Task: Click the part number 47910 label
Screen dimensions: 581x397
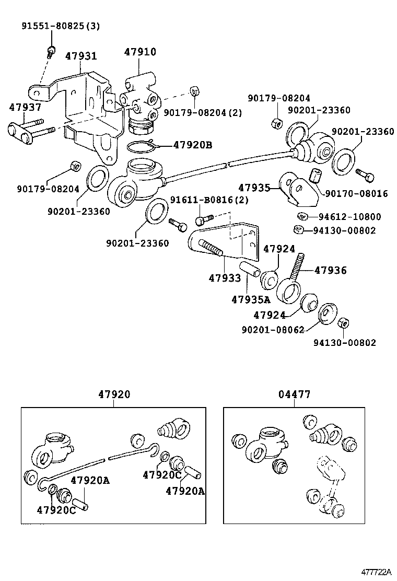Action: (x=140, y=52)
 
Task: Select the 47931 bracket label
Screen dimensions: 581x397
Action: (x=81, y=56)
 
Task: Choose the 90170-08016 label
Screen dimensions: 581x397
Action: (x=356, y=193)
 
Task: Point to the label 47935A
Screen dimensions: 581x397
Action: (x=251, y=299)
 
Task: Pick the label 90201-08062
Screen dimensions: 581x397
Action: (x=273, y=329)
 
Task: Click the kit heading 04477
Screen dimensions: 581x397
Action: (x=294, y=394)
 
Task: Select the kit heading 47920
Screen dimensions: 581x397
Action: (x=114, y=394)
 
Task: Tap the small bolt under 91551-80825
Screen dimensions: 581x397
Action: (x=51, y=51)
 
